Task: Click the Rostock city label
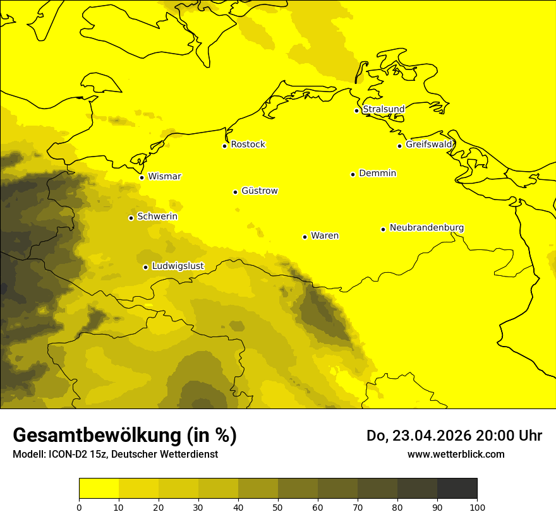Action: click(248, 145)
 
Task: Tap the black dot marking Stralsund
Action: click(356, 110)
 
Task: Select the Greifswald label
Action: click(429, 145)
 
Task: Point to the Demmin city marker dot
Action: click(353, 174)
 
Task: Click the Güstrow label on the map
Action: click(259, 191)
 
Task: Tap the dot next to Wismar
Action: click(142, 177)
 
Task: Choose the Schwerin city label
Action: click(157, 217)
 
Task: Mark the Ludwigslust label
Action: click(178, 266)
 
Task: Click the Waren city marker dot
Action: click(305, 237)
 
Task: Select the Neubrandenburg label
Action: click(426, 227)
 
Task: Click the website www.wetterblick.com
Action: click(456, 454)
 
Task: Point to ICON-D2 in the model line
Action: click(66, 454)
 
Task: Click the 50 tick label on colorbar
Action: click(278, 507)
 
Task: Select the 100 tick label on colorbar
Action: click(477, 507)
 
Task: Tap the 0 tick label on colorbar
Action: click(79, 507)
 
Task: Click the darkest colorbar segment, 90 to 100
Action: click(457, 489)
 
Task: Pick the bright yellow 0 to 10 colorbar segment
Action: click(99, 489)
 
